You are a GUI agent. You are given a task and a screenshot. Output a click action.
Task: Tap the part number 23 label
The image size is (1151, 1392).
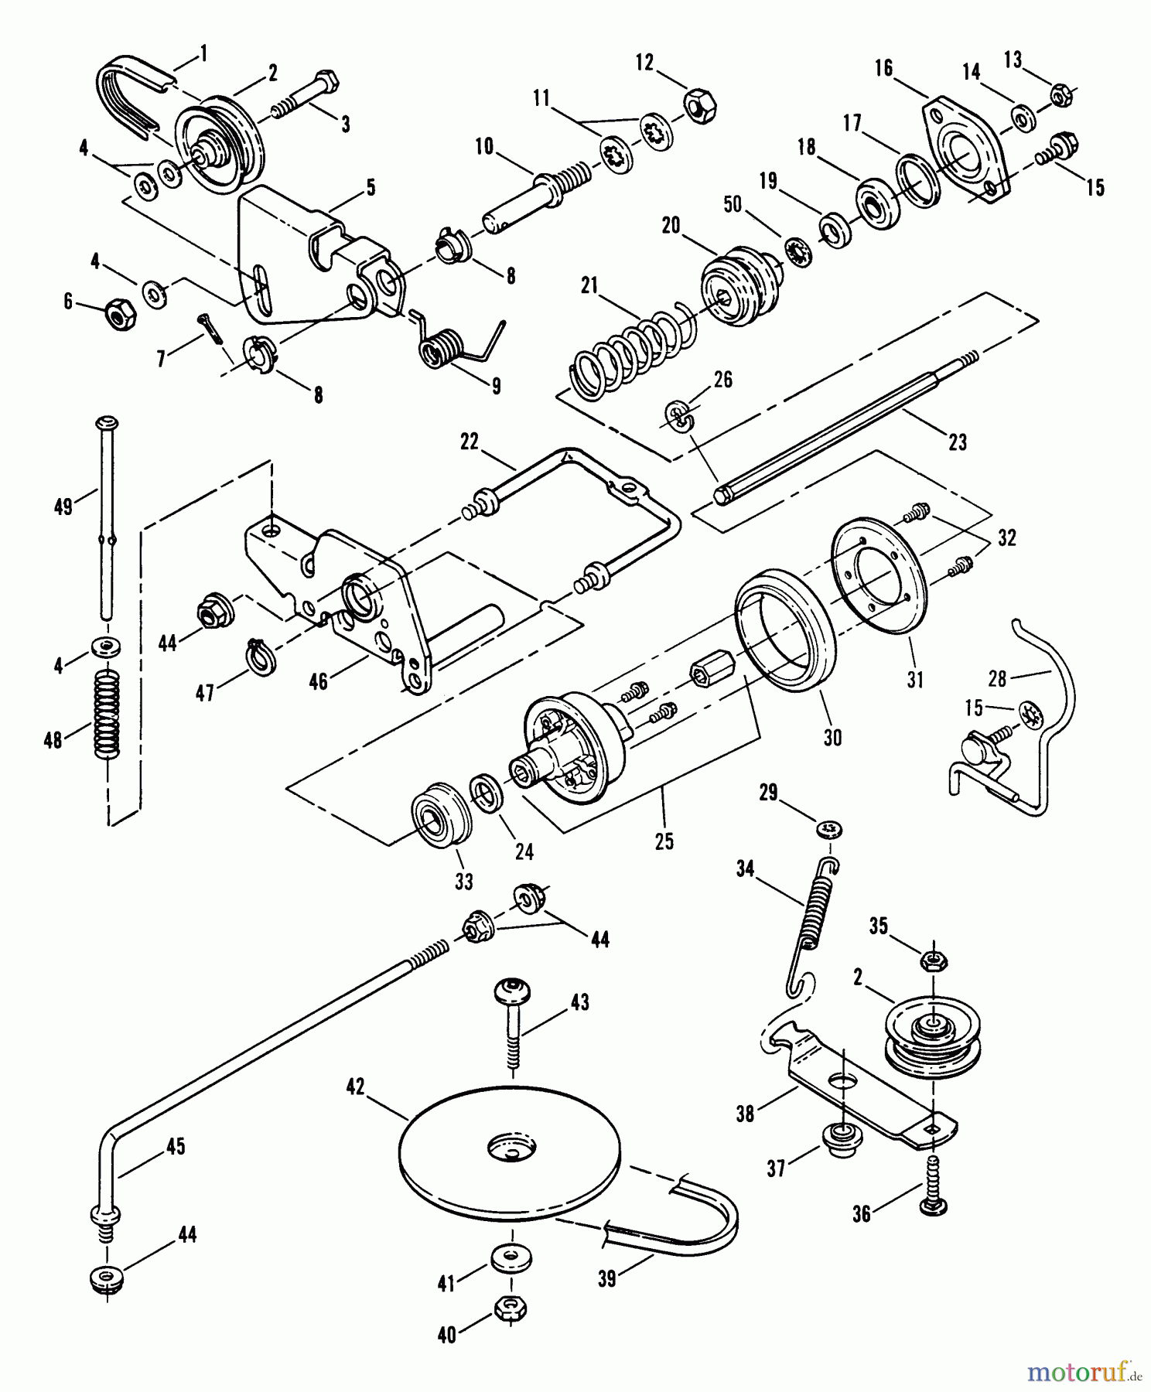(957, 442)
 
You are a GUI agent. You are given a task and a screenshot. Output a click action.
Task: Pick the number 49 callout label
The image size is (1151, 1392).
(63, 507)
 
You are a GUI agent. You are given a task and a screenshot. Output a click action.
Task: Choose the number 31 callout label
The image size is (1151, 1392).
(915, 680)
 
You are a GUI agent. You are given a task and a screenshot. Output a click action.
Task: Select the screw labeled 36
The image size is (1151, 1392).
(932, 1184)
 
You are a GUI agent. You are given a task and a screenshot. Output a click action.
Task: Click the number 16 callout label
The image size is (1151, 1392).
(883, 68)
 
